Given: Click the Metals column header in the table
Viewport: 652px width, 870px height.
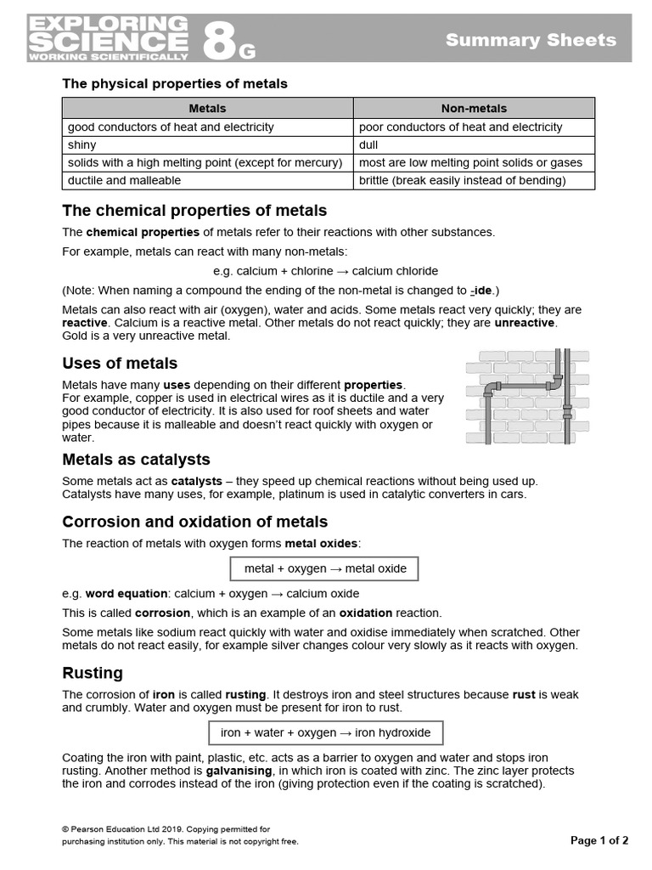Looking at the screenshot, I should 207,109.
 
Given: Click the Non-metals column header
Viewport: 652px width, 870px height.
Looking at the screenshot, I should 474,109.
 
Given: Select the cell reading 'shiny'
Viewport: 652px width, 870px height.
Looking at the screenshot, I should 82,145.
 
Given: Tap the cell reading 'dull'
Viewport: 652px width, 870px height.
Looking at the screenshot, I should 368,145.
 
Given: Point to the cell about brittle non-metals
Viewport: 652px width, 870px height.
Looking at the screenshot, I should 462,180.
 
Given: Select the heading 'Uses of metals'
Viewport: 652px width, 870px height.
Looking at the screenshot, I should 120,364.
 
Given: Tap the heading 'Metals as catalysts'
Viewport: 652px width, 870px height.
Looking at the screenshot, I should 136,460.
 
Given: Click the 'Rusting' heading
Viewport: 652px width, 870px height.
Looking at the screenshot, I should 93,673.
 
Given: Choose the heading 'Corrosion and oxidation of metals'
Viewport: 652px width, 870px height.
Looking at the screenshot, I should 194,522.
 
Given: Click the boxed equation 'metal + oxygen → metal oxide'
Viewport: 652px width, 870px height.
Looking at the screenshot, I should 325,568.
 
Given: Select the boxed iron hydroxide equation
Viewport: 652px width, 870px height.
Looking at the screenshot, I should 325,732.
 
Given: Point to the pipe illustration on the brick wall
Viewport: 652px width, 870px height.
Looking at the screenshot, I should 521,396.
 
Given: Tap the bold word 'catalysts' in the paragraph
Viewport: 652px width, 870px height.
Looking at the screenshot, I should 197,481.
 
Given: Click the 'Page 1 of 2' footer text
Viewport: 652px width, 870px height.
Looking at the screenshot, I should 599,841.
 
